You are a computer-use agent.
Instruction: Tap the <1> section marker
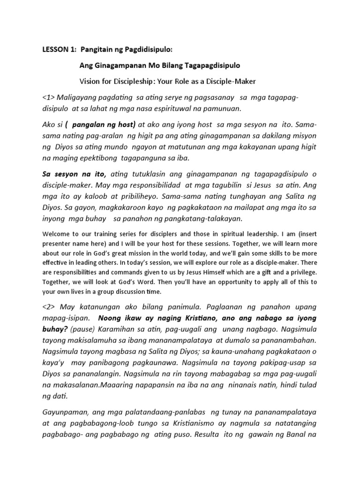(48, 97)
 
